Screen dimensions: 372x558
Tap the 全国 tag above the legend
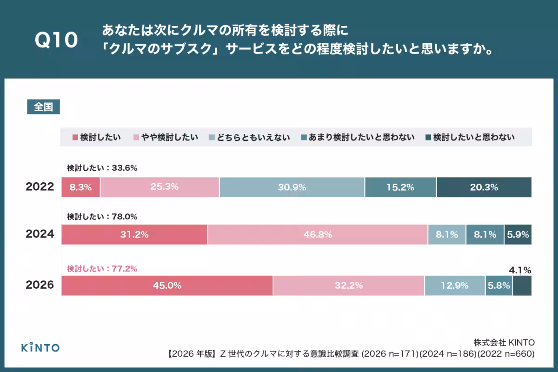43,107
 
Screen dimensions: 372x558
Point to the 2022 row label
40,187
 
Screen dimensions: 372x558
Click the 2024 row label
40,234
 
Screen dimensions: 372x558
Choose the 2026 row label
40,285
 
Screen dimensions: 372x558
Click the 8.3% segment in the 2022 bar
81,187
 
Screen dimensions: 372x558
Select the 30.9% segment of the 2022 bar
292,187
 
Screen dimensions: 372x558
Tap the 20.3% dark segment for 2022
484,187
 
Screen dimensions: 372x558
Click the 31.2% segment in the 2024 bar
134,235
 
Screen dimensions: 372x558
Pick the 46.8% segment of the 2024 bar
318,235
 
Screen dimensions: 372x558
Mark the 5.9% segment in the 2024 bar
518,235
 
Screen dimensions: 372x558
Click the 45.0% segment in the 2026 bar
167,286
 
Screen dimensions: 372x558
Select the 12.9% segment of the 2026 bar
454,286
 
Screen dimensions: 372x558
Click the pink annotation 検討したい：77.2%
102,268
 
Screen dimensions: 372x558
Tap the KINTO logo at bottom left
40,347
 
